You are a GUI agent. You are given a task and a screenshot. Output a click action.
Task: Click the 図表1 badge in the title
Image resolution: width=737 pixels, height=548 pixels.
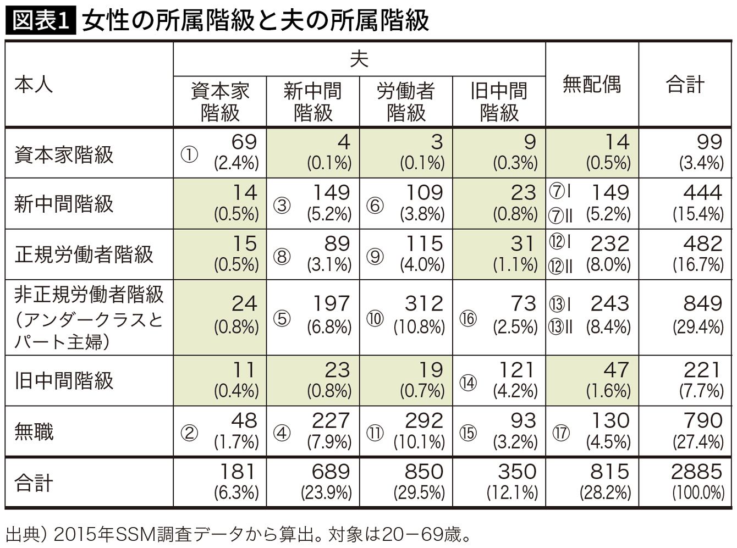pyautogui.click(x=40, y=20)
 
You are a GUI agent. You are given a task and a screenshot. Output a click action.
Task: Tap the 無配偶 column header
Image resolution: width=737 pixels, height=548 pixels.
pyautogui.click(x=591, y=85)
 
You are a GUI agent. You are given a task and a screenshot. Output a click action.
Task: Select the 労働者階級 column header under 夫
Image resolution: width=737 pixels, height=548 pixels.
pyautogui.click(x=406, y=102)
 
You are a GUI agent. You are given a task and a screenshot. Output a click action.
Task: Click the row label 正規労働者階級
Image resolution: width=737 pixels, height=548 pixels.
pyautogui.click(x=84, y=254)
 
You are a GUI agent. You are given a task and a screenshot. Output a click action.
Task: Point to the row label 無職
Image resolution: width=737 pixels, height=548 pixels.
pyautogui.click(x=34, y=431)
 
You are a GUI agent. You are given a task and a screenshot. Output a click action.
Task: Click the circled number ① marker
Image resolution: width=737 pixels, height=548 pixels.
pyautogui.click(x=189, y=154)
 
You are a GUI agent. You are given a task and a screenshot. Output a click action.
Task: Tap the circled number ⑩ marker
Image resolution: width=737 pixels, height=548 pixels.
pyautogui.click(x=375, y=318)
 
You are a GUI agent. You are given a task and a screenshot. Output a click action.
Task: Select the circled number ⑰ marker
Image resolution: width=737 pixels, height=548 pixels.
pyautogui.click(x=561, y=433)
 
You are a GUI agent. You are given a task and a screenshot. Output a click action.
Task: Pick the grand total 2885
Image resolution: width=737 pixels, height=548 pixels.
pyautogui.click(x=697, y=472)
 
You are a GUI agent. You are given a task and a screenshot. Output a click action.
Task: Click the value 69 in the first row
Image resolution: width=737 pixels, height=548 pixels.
pyautogui.click(x=244, y=142)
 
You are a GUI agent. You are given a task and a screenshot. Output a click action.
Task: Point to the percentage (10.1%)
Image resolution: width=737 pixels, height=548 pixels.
pyautogui.click(x=419, y=442)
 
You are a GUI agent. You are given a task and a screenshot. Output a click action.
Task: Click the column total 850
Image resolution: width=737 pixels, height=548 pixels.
pyautogui.click(x=424, y=472)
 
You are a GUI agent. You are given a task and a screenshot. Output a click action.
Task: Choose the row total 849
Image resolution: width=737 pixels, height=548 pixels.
pyautogui.click(x=703, y=303)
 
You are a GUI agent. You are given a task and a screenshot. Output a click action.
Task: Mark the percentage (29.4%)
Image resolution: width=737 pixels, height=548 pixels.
pyautogui.click(x=698, y=327)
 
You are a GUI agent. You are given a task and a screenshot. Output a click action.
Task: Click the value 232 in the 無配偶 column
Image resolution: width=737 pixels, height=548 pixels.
pyautogui.click(x=610, y=243)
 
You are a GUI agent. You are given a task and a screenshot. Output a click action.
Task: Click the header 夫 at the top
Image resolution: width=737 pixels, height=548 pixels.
pyautogui.click(x=359, y=59)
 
